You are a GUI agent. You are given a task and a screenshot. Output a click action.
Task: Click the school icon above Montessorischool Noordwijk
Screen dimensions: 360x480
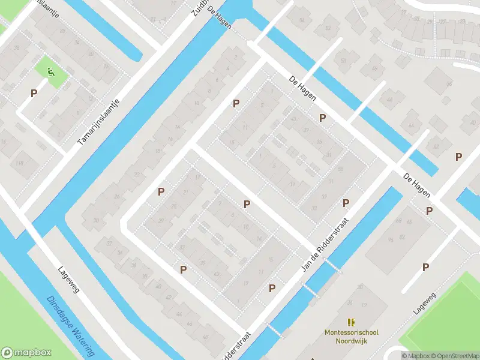point(351,322)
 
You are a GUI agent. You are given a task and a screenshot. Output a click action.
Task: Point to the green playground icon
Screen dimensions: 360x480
point(51,74)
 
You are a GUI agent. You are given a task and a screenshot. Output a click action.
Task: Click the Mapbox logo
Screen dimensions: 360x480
point(26,353)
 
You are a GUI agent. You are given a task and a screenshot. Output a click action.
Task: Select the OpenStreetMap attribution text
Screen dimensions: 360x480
point(452,356)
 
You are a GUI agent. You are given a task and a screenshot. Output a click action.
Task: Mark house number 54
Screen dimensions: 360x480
point(302,21)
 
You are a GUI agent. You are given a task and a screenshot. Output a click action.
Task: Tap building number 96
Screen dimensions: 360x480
point(391,239)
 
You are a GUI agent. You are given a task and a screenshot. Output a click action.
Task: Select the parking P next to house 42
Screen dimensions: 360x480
point(183,270)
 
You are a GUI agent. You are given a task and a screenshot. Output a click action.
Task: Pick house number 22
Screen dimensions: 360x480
point(137,175)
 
